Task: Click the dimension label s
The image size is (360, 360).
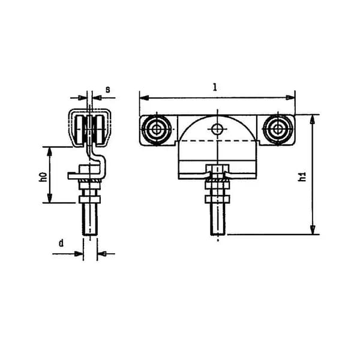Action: point(107,89)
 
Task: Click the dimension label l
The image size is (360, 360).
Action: point(215,87)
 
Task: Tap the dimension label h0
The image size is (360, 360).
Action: point(43,177)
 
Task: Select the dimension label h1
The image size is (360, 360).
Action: point(302,176)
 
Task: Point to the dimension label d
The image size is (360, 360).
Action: point(61,243)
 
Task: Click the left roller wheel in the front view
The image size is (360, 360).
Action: point(157,130)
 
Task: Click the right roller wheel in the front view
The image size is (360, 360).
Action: point(278,130)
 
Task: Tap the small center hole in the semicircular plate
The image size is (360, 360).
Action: point(217,129)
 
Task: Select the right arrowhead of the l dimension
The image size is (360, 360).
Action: point(290,98)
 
